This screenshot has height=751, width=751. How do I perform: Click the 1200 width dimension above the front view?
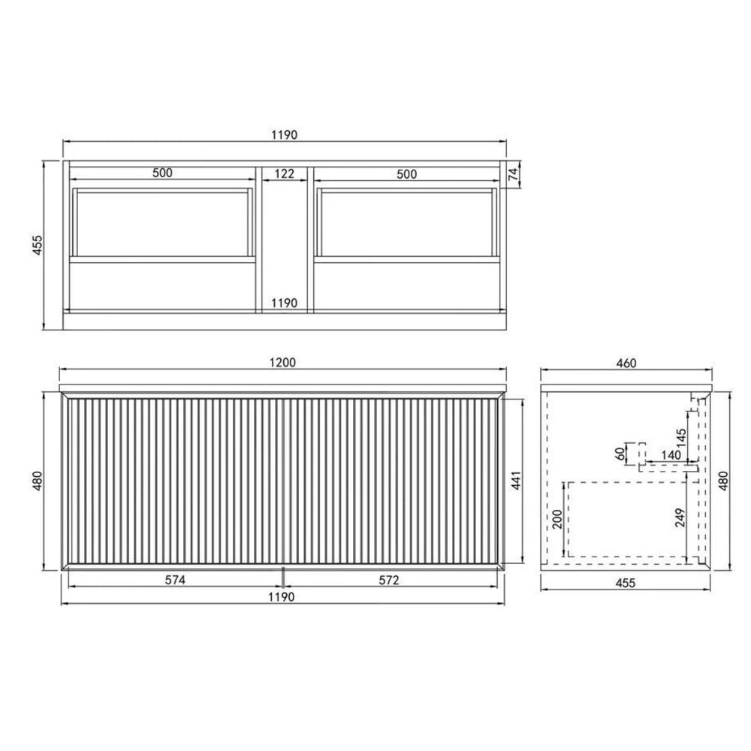click(282, 363)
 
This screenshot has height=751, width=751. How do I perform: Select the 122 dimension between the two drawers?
click(285, 173)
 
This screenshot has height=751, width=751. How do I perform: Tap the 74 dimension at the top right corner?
click(514, 174)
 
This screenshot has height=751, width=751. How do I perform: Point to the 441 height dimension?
click(517, 480)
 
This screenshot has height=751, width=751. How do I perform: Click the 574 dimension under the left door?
click(175, 580)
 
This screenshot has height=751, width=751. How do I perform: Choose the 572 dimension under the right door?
click(389, 580)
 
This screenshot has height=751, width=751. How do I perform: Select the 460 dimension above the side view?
click(626, 363)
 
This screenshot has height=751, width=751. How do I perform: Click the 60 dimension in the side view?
click(621, 453)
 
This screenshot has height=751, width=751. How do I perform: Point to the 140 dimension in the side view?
click(671, 454)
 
